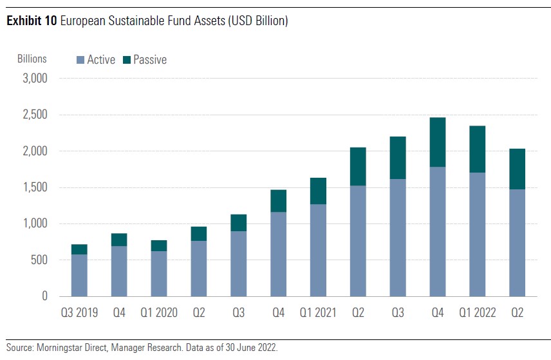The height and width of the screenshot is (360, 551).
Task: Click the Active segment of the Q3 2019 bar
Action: coord(79,275)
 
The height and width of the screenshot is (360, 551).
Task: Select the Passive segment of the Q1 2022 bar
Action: coord(477,149)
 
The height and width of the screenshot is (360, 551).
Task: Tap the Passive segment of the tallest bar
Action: coord(438,142)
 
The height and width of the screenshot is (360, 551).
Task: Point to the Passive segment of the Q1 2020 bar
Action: coord(159,245)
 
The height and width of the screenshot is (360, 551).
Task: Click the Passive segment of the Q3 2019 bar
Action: coord(79,249)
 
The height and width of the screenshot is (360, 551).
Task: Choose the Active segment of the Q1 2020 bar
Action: coord(159,274)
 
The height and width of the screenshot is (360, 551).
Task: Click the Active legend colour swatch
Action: coord(80,60)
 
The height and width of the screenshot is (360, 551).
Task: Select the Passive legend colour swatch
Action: coord(127,60)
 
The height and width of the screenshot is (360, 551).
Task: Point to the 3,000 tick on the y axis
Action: coord(35,79)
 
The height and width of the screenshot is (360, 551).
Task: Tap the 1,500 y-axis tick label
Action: coord(35,187)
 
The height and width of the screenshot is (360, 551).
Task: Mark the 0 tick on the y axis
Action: coord(45,296)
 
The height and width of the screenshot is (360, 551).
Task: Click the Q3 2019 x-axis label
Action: coord(79,313)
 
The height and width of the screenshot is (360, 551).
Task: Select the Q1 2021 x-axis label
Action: coord(318,313)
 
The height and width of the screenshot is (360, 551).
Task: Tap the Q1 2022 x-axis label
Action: coord(477,313)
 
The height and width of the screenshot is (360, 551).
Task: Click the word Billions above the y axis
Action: coord(32,59)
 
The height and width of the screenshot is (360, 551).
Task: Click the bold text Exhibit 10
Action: coord(30,21)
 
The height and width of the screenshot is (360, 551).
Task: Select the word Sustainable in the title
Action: coord(129,21)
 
